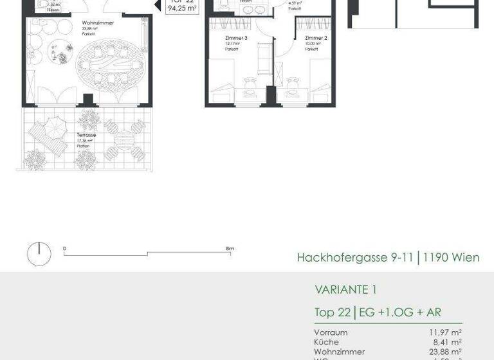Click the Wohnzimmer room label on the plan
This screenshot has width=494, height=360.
(x=93, y=22)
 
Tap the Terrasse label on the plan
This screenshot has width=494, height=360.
(x=86, y=135)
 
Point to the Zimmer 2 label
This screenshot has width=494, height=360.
(x=316, y=39)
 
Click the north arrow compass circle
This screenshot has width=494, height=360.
(x=39, y=254)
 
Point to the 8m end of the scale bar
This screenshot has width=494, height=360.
(x=230, y=248)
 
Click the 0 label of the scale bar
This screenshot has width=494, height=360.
(x=64, y=248)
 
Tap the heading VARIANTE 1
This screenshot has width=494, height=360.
(x=345, y=289)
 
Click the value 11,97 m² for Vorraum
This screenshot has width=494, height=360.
(x=446, y=332)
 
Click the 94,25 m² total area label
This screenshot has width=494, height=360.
(x=181, y=9)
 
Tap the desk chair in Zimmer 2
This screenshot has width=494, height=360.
(x=293, y=82)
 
